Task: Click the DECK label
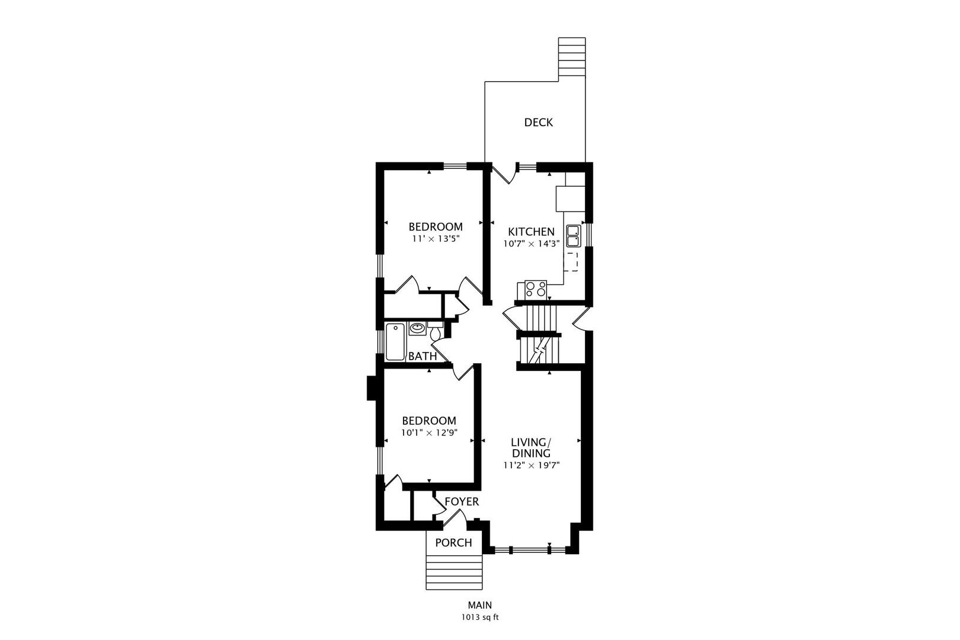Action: point(538,123)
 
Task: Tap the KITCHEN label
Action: point(531,232)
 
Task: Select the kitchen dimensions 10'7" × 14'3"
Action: point(532,244)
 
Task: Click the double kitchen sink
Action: point(574,236)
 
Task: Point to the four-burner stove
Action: point(536,289)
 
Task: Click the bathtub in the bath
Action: point(395,342)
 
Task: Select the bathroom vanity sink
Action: point(417,329)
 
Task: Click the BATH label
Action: point(423,356)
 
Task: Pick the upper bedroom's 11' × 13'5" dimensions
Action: point(436,239)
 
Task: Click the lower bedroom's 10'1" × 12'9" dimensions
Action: point(429,433)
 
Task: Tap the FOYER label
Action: point(462,501)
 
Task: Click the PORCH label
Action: point(453,543)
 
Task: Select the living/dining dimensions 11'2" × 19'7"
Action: point(532,465)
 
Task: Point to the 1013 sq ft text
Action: point(480,617)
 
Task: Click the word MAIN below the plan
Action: point(480,605)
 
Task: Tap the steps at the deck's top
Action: point(572,57)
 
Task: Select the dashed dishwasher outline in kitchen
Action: point(571,262)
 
